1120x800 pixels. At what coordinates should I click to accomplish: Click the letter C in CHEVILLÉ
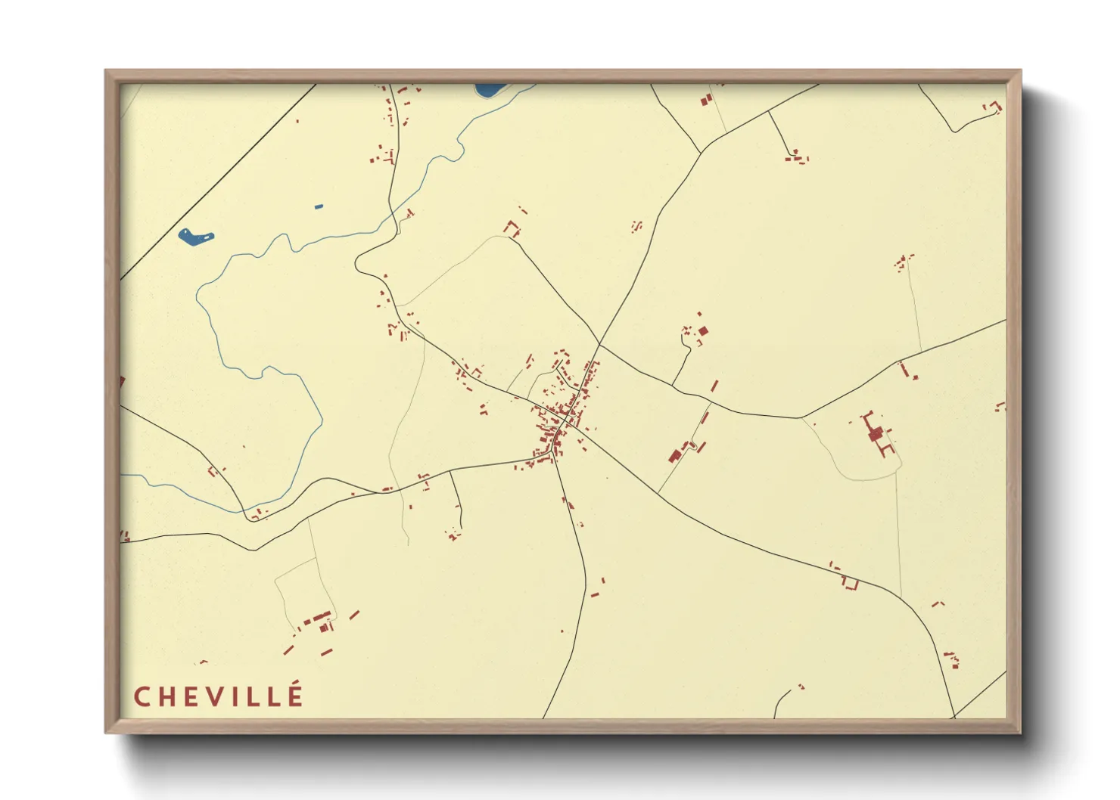click(x=142, y=697)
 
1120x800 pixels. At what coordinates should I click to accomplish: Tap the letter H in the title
click(x=167, y=697)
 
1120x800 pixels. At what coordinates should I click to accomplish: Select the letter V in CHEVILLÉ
click(x=217, y=697)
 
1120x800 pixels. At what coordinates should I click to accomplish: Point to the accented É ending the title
click(x=295, y=695)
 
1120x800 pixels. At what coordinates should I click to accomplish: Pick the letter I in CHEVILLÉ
click(x=241, y=697)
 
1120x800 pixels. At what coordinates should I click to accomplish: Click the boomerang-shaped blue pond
click(x=195, y=237)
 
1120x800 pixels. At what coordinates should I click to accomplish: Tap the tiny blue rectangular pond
click(x=319, y=206)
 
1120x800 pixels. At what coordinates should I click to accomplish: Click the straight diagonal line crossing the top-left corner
click(x=219, y=181)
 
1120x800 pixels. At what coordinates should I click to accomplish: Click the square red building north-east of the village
click(x=703, y=330)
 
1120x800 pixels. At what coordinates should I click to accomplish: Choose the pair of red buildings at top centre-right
click(x=705, y=100)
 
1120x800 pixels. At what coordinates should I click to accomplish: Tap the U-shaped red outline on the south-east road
click(x=851, y=583)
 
